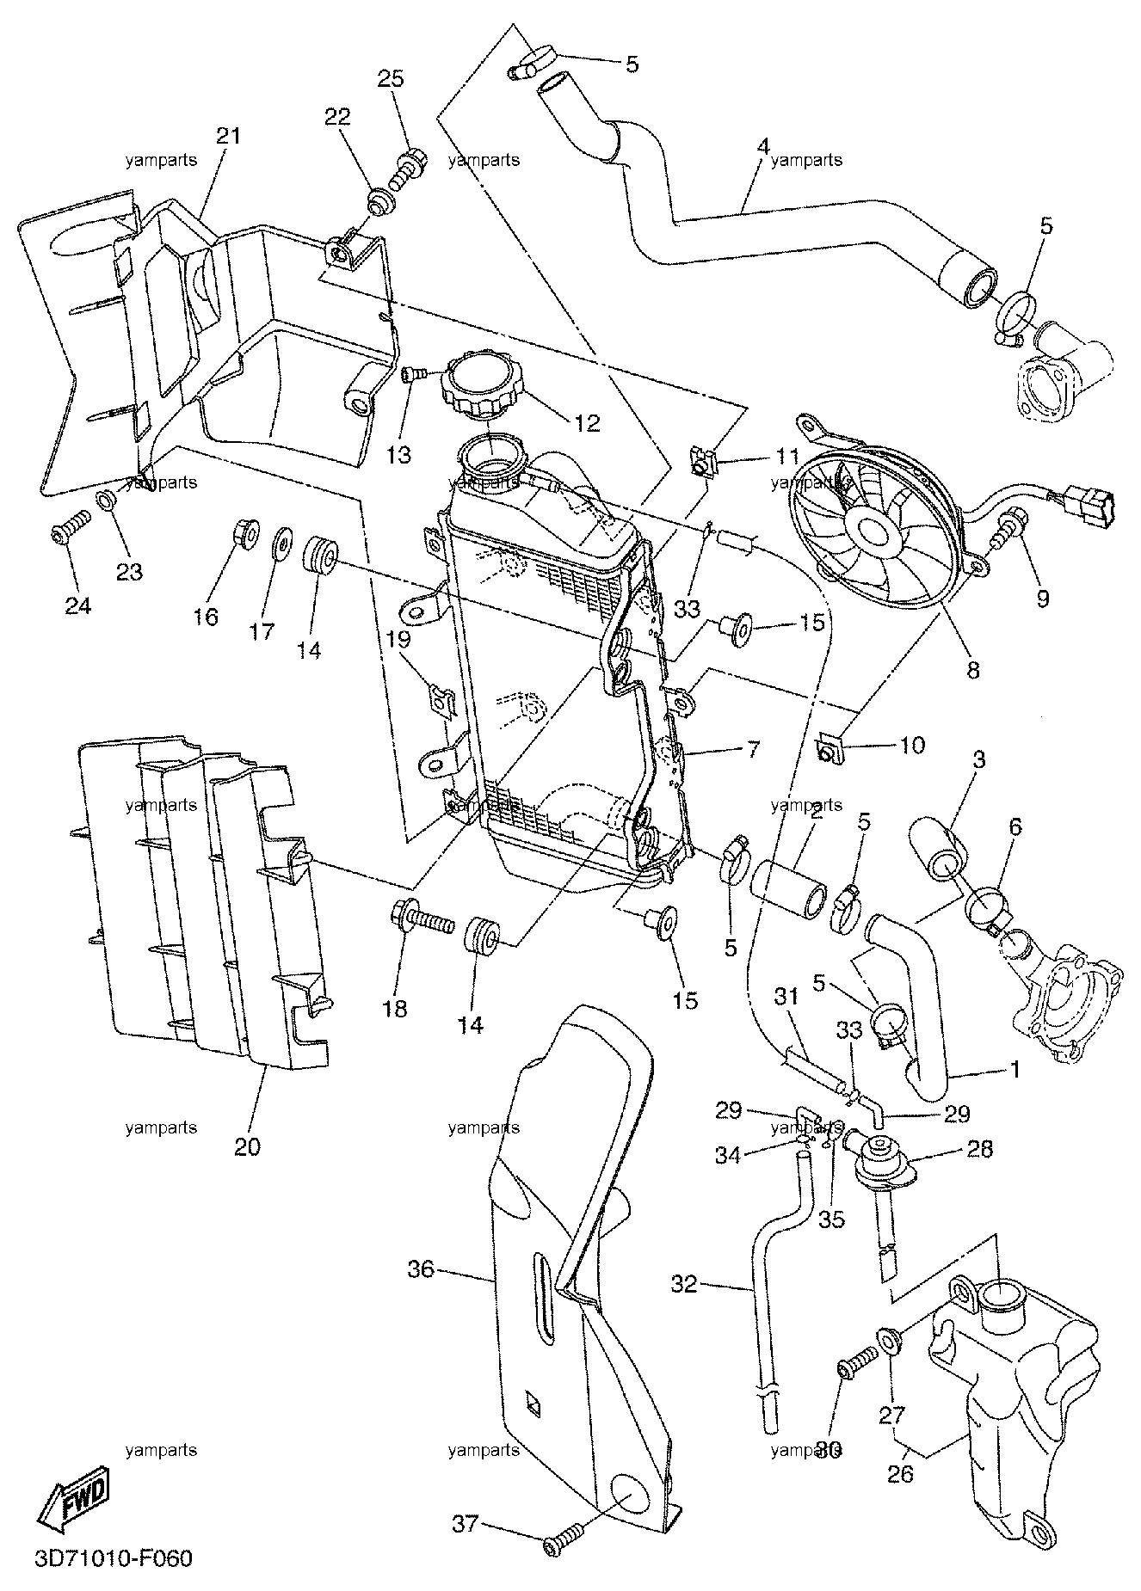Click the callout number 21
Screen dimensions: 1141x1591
coord(228,136)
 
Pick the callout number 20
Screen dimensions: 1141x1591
coord(247,1146)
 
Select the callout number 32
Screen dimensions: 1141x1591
coord(685,1284)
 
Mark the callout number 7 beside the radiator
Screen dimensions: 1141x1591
coord(753,748)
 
